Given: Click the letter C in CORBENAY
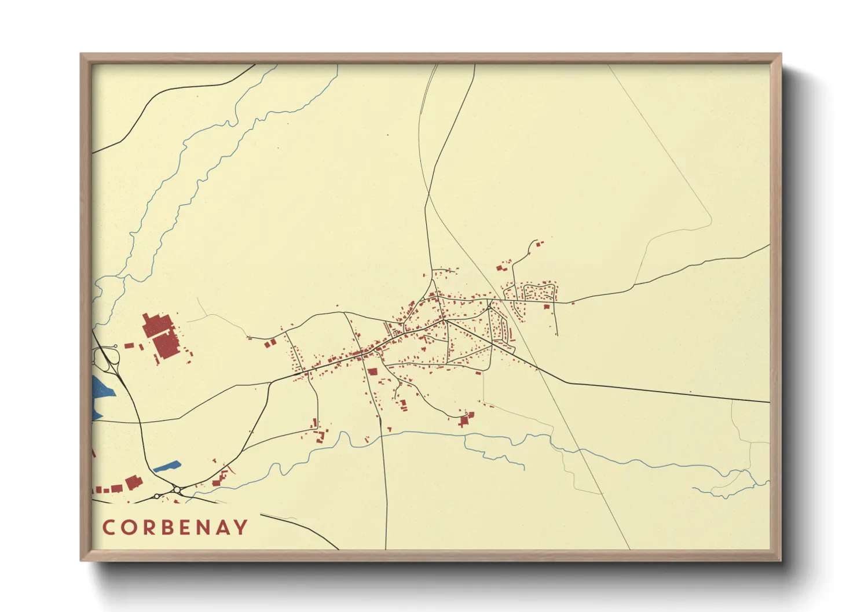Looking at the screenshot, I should [109, 528].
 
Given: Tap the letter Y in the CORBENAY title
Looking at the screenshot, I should [241, 528].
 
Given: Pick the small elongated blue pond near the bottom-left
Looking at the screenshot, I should [167, 466].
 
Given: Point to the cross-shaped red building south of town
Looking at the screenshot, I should [463, 421].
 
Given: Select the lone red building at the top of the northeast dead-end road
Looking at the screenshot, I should [541, 244].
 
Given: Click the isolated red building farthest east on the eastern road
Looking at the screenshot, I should [573, 303].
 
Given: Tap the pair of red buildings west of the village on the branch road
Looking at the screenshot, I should [270, 343].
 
